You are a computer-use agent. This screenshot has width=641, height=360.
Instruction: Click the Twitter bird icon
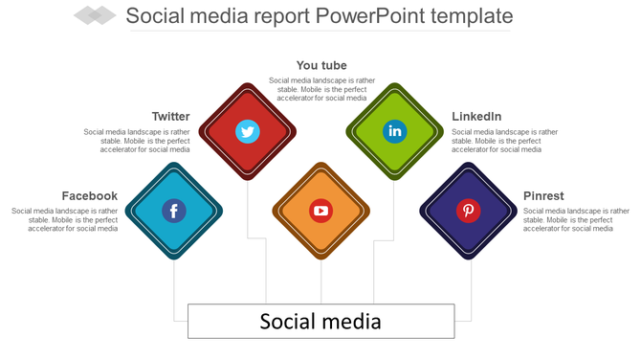coord(248,131)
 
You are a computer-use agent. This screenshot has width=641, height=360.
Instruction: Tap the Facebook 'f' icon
coord(173,211)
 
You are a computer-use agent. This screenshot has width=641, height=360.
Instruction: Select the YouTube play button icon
coord(320,211)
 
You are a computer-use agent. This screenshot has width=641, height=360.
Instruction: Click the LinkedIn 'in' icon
coord(394,131)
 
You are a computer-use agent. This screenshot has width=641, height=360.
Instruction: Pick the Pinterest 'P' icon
coord(468,211)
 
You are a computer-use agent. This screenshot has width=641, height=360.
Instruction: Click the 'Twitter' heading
coord(170,117)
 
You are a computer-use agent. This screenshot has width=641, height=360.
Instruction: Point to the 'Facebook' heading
coord(90,196)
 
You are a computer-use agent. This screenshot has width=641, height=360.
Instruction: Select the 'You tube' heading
coord(321,65)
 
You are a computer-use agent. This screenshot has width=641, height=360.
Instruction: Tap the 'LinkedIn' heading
coord(476,117)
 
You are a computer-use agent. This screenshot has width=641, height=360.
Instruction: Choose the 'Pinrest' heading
coord(543,196)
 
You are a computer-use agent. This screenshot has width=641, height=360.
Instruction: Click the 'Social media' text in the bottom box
coord(320,321)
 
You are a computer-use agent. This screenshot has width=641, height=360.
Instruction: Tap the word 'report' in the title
coord(289,16)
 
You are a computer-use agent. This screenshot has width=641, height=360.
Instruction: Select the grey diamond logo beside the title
coord(94,15)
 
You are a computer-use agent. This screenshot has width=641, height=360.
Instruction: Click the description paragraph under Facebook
coord(65,219)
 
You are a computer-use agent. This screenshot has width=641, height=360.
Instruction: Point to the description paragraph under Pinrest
coord(576,219)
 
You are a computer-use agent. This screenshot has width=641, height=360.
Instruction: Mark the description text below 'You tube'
coord(318,89)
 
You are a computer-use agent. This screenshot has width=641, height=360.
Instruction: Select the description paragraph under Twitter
coord(137,141)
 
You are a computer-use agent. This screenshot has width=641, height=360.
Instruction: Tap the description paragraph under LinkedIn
coord(504,141)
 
